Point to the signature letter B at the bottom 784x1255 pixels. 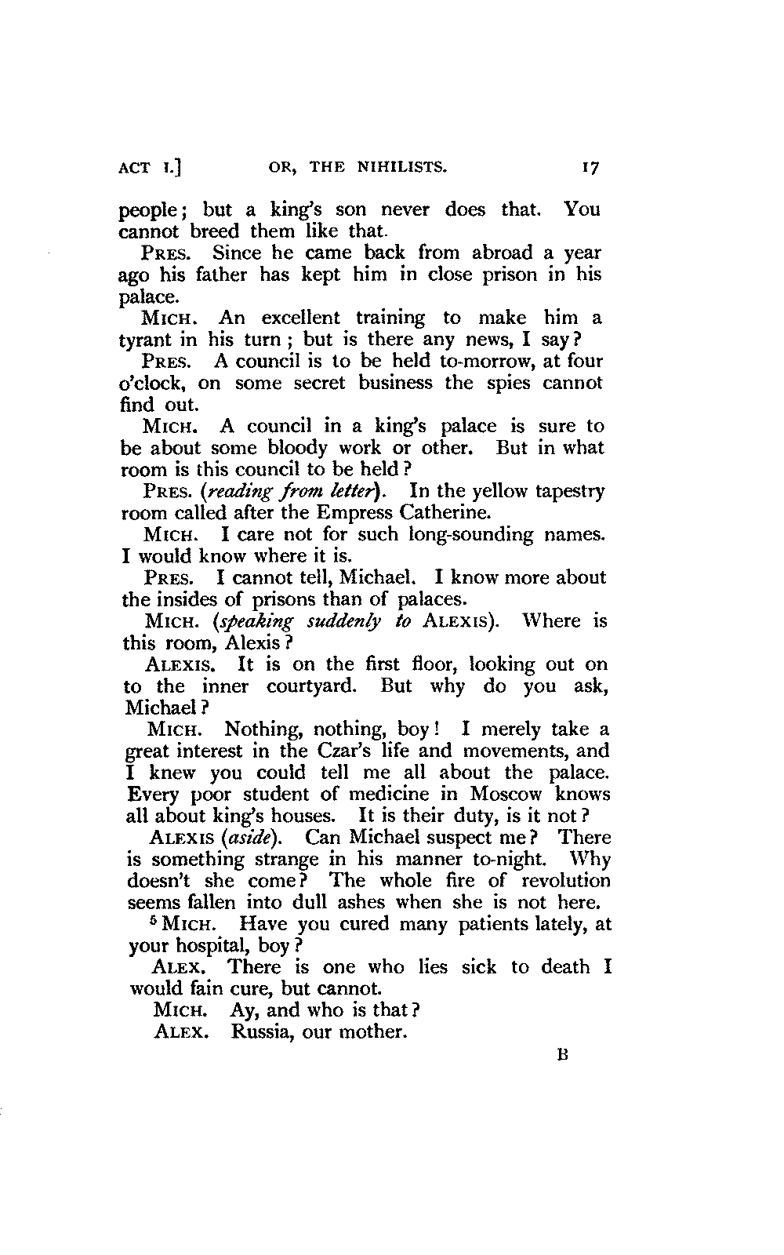coord(561,1055)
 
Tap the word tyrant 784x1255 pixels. coord(147,340)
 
